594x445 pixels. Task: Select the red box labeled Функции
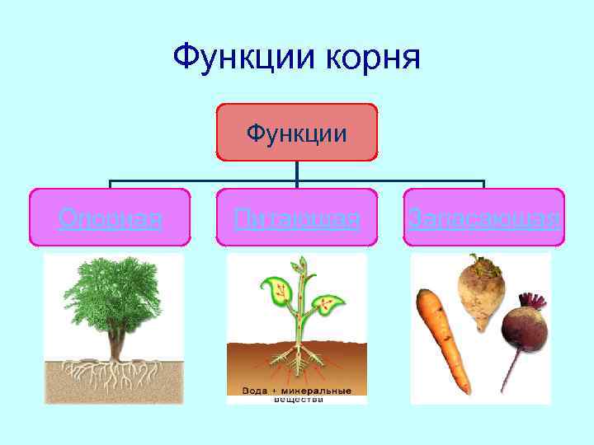click(296, 132)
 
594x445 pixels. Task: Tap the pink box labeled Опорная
click(110, 218)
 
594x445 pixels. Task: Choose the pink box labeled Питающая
click(296, 218)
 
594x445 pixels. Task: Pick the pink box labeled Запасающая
click(484, 218)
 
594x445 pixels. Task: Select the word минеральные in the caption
click(320, 391)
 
